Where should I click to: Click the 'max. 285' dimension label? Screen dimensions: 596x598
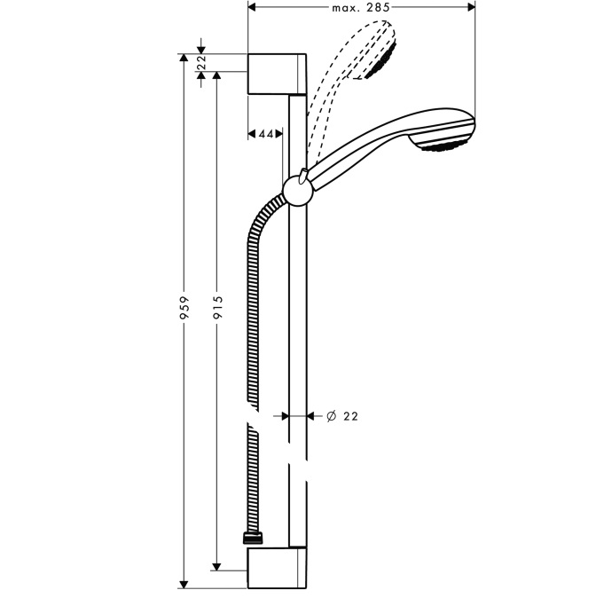pos(361,7)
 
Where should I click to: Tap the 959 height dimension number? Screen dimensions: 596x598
pos(184,308)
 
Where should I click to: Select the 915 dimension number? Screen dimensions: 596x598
pos(217,307)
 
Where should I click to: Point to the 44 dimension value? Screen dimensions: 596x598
pos(266,134)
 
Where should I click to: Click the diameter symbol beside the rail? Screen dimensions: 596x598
pos(332,416)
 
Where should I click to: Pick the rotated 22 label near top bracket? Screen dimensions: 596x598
pos(201,62)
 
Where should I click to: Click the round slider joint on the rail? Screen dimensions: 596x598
pos(298,191)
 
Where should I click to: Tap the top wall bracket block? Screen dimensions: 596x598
pos(277,74)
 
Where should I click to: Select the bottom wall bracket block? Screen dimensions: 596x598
pos(277,568)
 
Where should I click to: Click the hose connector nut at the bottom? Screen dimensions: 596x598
pos(253,539)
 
